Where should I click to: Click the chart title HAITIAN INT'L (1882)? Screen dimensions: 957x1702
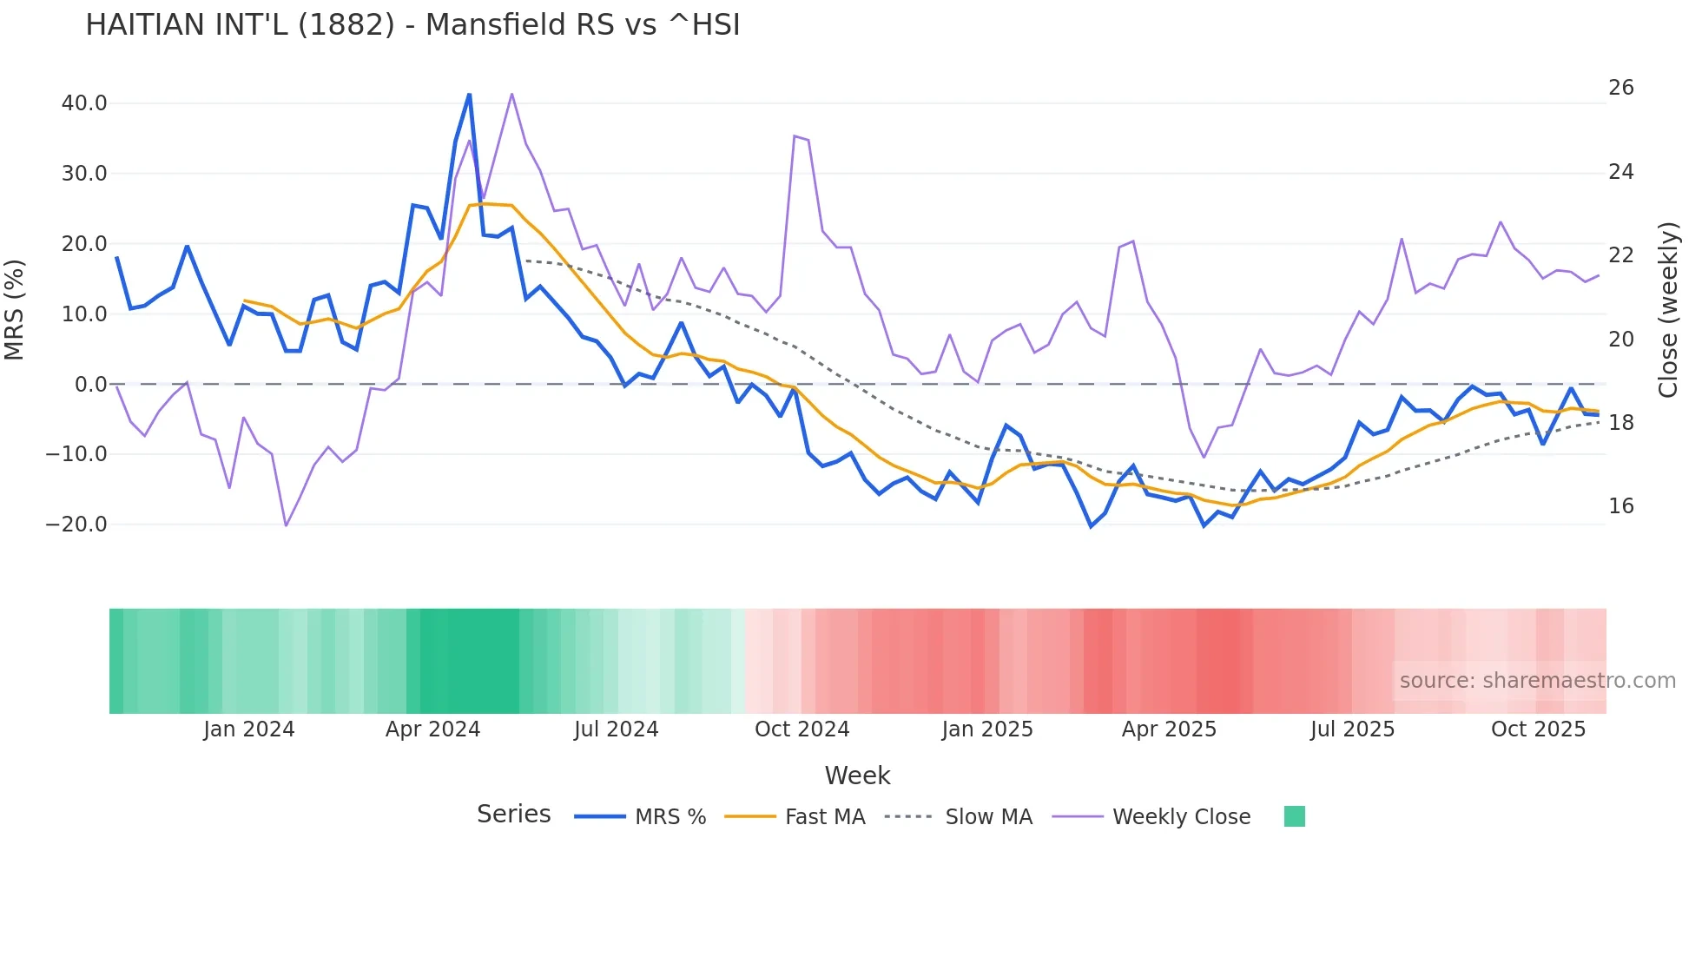(412, 25)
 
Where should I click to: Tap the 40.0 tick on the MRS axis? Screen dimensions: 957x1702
(84, 103)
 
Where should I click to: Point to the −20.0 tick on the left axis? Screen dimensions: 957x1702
(77, 525)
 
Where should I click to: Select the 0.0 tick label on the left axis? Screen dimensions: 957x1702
(91, 384)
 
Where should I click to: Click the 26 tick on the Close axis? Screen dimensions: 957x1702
(1620, 88)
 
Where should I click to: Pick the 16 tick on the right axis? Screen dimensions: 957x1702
(1620, 506)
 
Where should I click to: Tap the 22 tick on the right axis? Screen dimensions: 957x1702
(1620, 255)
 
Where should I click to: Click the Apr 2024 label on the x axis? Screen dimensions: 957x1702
(432, 729)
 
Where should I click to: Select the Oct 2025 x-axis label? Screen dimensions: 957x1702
(1538, 729)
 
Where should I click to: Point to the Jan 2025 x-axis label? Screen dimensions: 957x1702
(987, 729)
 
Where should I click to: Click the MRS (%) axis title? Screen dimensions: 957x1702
(15, 310)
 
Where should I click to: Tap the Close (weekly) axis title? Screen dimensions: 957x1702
(1668, 310)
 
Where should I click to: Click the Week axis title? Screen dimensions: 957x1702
(857, 775)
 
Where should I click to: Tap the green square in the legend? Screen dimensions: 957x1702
(1294, 816)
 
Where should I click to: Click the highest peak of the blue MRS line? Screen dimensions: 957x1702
(469, 95)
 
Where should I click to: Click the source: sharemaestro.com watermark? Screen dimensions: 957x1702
(1537, 681)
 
